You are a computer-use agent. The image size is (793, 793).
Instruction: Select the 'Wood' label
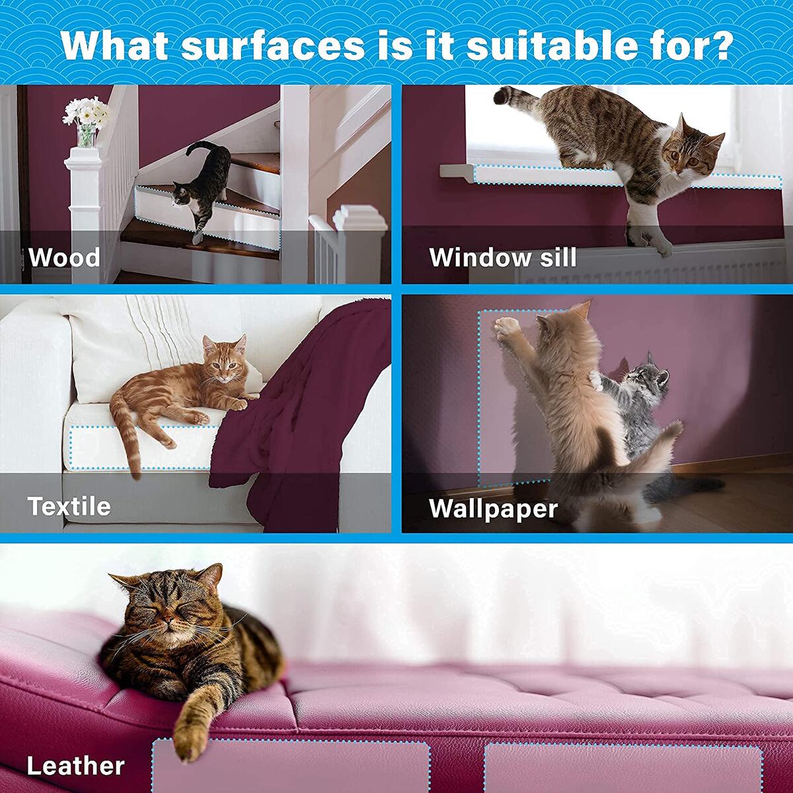[x=64, y=257]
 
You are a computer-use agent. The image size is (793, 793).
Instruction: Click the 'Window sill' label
[x=502, y=257]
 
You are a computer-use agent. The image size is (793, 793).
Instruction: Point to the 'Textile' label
[x=69, y=506]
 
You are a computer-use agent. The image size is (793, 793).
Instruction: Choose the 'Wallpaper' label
[x=493, y=509]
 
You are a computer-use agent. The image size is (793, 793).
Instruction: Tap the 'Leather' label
[x=75, y=765]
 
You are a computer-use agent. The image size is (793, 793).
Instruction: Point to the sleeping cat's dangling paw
[x=187, y=734]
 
